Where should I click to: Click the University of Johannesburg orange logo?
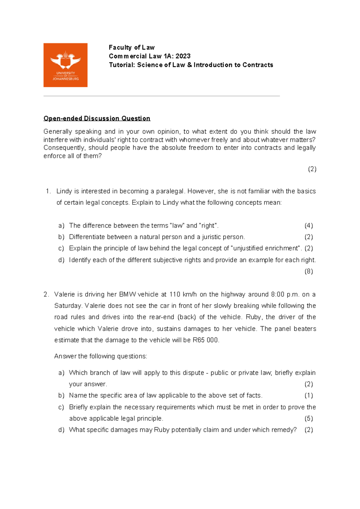65,65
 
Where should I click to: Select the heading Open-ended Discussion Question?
97,118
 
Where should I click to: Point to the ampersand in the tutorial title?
189,65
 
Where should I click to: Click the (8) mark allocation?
308,271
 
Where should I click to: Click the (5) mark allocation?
308,418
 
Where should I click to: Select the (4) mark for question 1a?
308,226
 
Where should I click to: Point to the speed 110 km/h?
183,294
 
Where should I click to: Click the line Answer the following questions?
100,356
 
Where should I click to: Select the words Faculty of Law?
131,47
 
